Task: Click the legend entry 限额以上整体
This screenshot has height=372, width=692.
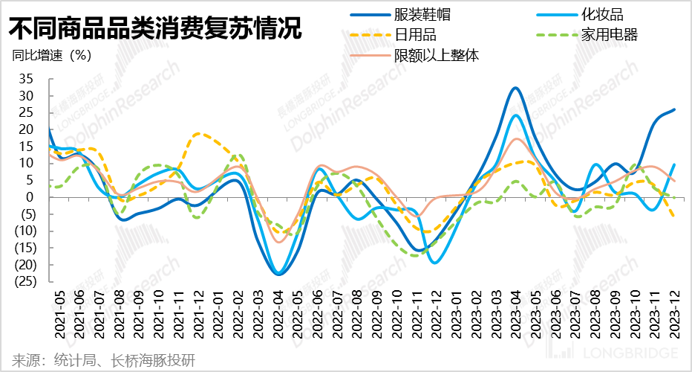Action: [433, 54]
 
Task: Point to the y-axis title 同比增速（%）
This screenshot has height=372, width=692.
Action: [52, 55]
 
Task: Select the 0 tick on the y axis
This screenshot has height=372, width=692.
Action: [30, 197]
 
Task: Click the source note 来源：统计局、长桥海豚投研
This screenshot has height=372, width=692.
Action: [104, 360]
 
